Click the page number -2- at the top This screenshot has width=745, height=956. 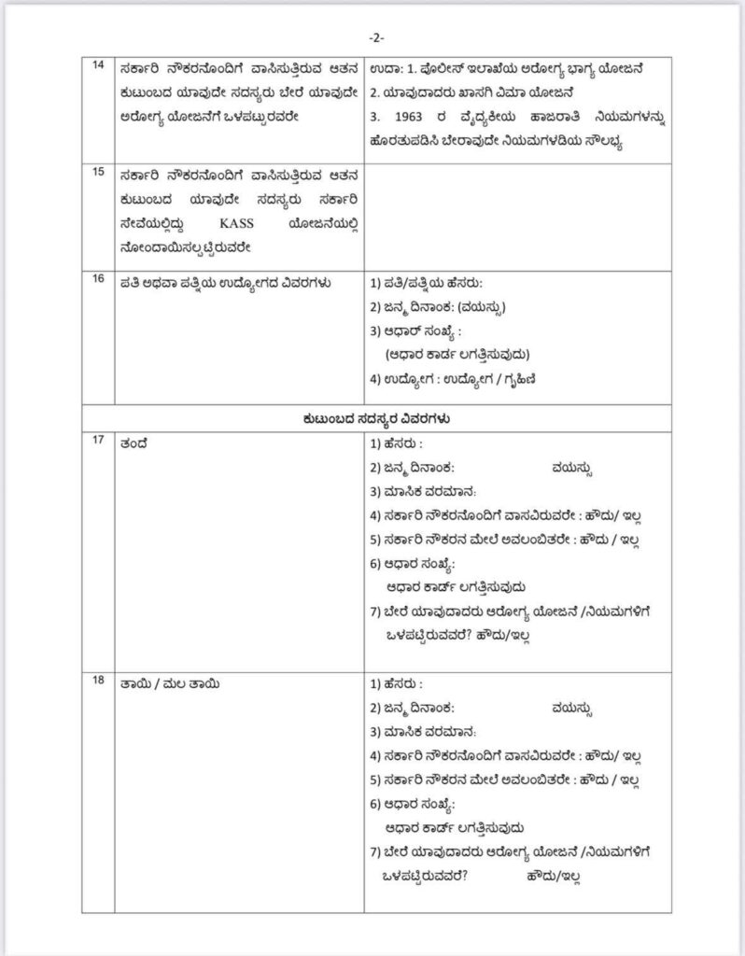tap(373, 36)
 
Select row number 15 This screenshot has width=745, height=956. tap(98, 175)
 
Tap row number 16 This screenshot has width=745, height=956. tap(98, 280)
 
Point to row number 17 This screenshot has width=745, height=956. tap(98, 443)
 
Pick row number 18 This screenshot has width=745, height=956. tap(98, 682)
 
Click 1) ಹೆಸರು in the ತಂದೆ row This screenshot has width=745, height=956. tap(398, 444)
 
